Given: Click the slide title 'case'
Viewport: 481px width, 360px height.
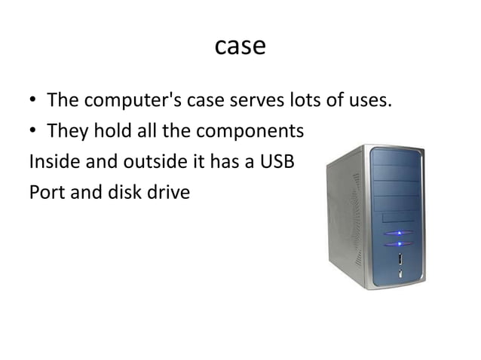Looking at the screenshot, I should (240, 46).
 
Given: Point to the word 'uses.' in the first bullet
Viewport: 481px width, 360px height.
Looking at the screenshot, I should (370, 100).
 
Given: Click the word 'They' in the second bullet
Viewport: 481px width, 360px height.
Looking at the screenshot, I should (68, 132).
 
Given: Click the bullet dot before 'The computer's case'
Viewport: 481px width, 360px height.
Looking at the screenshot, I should (34, 102).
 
